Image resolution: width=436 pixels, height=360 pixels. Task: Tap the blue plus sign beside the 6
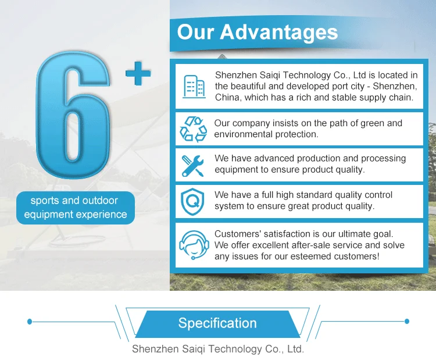138,73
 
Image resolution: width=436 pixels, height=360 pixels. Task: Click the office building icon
194,87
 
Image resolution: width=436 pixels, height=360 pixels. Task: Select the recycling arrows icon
193,129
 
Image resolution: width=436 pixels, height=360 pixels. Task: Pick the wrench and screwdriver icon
192,166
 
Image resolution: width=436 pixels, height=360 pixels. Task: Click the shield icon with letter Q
192,202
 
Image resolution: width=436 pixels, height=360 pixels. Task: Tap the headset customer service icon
194,245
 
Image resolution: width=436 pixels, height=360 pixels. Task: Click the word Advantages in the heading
279,32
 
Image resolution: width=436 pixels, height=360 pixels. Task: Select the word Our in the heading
196,32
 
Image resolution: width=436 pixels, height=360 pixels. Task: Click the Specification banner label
217,323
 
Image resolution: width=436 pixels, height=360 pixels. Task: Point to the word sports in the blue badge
45,201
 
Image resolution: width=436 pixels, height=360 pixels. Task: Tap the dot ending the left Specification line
30,322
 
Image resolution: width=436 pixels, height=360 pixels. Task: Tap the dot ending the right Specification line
407,322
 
